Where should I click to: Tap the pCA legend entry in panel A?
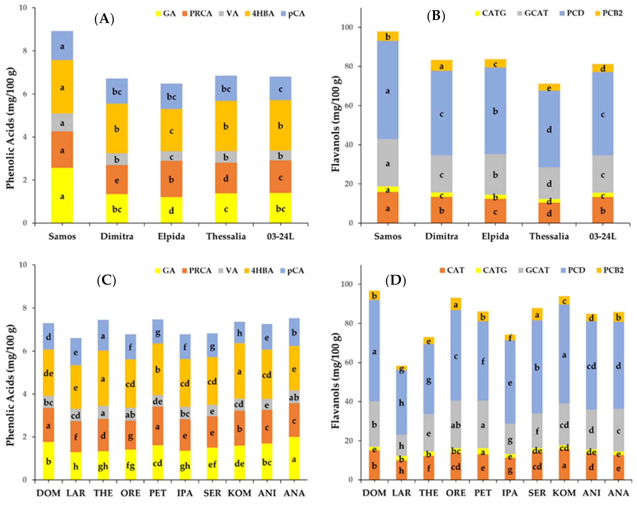292,14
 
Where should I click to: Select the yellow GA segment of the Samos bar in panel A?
62,195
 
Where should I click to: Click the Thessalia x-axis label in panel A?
226,237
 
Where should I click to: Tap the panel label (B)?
436,17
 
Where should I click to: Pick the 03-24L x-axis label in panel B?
603,237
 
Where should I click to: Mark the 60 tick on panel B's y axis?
351,106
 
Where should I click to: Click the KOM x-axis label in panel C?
239,493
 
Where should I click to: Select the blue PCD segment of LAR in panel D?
401,402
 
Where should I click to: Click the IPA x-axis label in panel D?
510,493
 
